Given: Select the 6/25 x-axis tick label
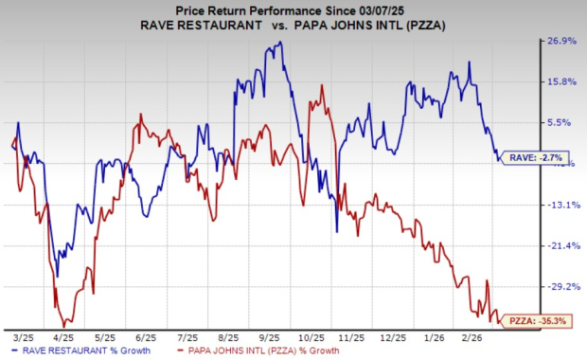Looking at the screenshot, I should coord(146,335).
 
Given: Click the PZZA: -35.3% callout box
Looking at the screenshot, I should coord(537,321).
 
